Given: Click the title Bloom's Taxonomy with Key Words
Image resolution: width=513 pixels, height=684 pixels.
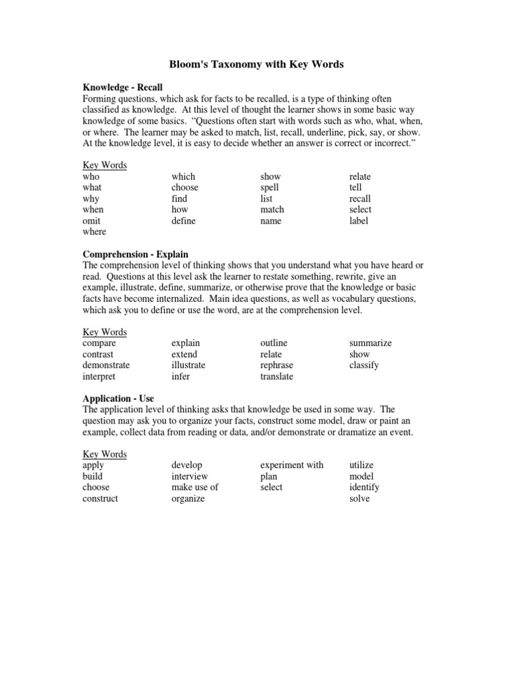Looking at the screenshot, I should point(256,64).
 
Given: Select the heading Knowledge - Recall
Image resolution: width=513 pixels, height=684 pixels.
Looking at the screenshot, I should point(122,88).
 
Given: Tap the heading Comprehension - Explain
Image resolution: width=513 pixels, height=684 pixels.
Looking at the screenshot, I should point(135,254).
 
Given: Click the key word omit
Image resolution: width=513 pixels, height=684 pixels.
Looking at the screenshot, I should point(92,221).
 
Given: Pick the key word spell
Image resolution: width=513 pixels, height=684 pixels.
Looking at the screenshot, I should point(270,188).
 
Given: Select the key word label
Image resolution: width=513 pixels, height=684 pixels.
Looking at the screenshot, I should point(359,221).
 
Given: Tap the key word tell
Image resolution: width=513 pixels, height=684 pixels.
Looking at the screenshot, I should point(355,188).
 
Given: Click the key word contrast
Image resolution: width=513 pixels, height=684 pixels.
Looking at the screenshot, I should point(98,354).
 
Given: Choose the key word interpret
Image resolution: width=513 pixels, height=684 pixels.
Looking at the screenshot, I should point(99,377).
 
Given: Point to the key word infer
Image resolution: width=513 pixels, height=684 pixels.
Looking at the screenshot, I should point(180,377).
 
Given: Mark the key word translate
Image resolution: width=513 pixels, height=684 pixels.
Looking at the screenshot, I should point(277,377).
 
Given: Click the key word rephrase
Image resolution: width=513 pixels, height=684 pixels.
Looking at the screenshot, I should point(277,365).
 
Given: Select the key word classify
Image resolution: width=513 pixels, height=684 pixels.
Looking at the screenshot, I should point(364,365).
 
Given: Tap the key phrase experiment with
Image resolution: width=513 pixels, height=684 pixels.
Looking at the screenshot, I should point(292,465).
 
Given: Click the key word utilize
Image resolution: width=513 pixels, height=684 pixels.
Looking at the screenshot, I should point(362,465).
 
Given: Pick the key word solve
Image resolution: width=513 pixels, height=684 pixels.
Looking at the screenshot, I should point(359,498).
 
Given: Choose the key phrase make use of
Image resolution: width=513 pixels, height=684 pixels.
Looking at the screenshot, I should point(195,487).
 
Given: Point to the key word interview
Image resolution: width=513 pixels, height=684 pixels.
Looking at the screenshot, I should point(190,476).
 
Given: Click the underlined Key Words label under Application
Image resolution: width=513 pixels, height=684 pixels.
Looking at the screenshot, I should point(105,454).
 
